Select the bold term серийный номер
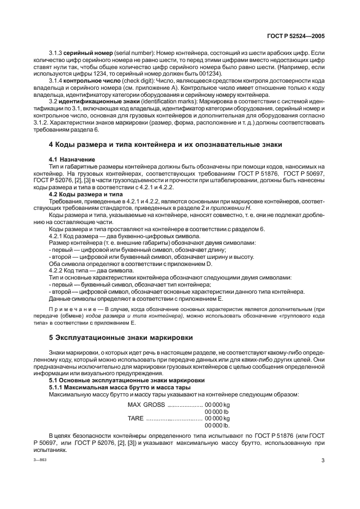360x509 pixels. [88, 52]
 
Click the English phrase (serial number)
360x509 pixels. [133, 52]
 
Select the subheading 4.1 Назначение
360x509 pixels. [72, 159]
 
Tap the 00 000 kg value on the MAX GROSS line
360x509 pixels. [217, 405]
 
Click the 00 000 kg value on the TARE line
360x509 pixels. [217, 418]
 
